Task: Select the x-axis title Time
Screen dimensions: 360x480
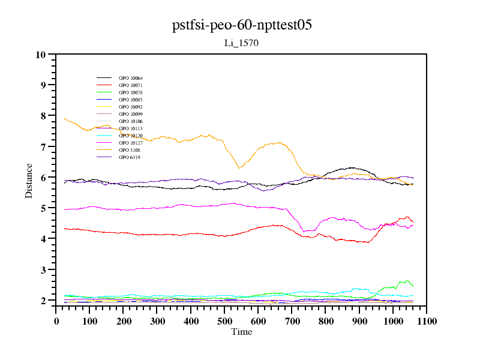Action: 242,332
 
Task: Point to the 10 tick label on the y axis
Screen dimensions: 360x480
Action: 41,55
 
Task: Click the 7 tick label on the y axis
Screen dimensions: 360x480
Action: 43,147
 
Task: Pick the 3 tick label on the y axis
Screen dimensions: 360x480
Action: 43,270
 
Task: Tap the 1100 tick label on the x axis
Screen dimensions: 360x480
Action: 427,321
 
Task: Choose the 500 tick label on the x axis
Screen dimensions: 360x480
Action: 224,321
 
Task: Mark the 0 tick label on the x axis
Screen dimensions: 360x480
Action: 56,321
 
